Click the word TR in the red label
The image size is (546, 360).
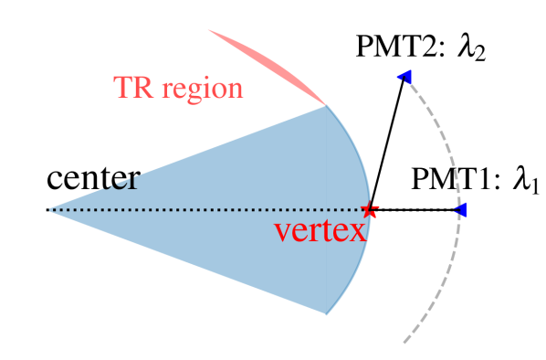pos(133,89)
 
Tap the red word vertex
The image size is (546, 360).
pos(320,229)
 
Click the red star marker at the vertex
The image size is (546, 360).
pos(369,210)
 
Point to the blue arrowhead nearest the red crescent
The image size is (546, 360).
pos(404,78)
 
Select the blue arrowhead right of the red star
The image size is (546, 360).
pos(461,211)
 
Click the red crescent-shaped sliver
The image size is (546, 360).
pos(274,66)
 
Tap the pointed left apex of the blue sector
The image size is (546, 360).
pos(49,210)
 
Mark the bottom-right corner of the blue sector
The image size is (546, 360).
pos(326,314)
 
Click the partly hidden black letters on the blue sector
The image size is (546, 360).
pos(119,181)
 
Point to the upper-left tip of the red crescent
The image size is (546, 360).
pos(209,30)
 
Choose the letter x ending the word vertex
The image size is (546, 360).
pos(357,230)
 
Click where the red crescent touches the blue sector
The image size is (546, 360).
pos(326,105)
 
